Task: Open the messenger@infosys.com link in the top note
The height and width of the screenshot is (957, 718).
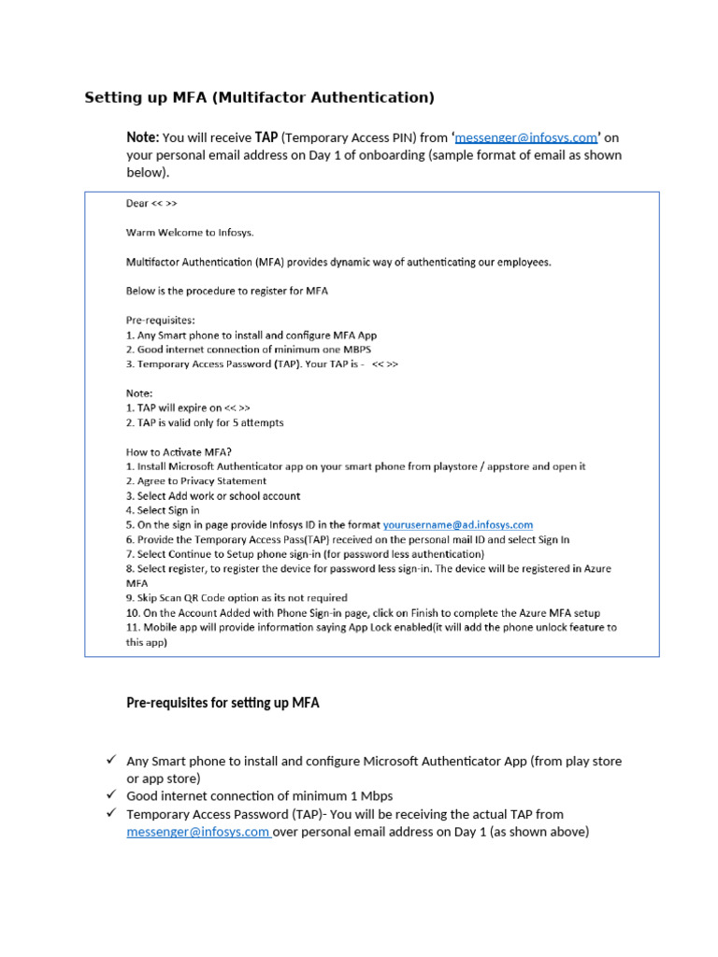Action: point(525,137)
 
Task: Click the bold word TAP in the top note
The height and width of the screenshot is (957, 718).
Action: point(266,137)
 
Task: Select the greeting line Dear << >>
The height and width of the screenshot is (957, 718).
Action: point(151,203)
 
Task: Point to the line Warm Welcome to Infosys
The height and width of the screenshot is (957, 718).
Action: point(190,233)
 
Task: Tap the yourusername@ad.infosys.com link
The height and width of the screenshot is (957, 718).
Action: point(458,525)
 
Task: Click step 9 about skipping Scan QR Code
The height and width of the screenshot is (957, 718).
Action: point(237,598)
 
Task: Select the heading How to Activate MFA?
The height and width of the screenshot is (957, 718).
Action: point(179,452)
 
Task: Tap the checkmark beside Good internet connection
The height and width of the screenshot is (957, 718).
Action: point(110,795)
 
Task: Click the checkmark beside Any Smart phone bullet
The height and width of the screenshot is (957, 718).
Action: point(110,761)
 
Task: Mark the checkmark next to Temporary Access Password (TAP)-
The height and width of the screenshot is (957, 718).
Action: point(110,814)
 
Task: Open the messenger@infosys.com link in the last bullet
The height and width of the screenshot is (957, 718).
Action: point(198,832)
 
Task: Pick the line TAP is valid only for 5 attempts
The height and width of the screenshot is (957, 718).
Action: point(205,422)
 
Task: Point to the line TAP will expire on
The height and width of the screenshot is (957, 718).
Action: point(188,408)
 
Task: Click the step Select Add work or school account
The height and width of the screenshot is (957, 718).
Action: point(213,496)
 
